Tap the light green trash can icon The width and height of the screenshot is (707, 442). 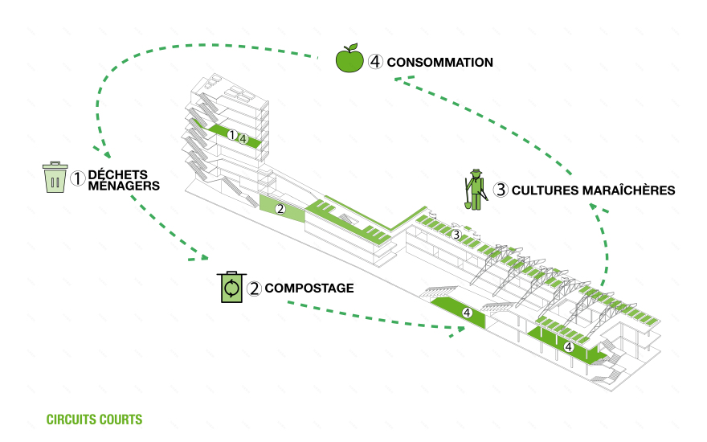pyautogui.click(x=55, y=178)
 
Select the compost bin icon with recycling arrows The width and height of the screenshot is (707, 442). pyautogui.click(x=231, y=287)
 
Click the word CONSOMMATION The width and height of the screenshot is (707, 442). pyautogui.click(x=439, y=62)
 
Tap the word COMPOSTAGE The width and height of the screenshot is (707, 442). pyautogui.click(x=309, y=288)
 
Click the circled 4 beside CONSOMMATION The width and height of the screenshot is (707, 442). pyautogui.click(x=375, y=62)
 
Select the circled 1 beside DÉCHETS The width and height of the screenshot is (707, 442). pyautogui.click(x=77, y=178)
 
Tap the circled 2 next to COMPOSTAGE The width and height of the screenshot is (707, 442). pyautogui.click(x=254, y=288)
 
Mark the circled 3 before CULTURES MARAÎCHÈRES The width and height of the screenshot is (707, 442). pyautogui.click(x=501, y=190)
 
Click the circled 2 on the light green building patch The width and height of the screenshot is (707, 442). pyautogui.click(x=280, y=209)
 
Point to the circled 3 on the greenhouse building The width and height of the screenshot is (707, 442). pyautogui.click(x=456, y=235)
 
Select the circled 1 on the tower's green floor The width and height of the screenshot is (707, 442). pyautogui.click(x=231, y=135)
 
